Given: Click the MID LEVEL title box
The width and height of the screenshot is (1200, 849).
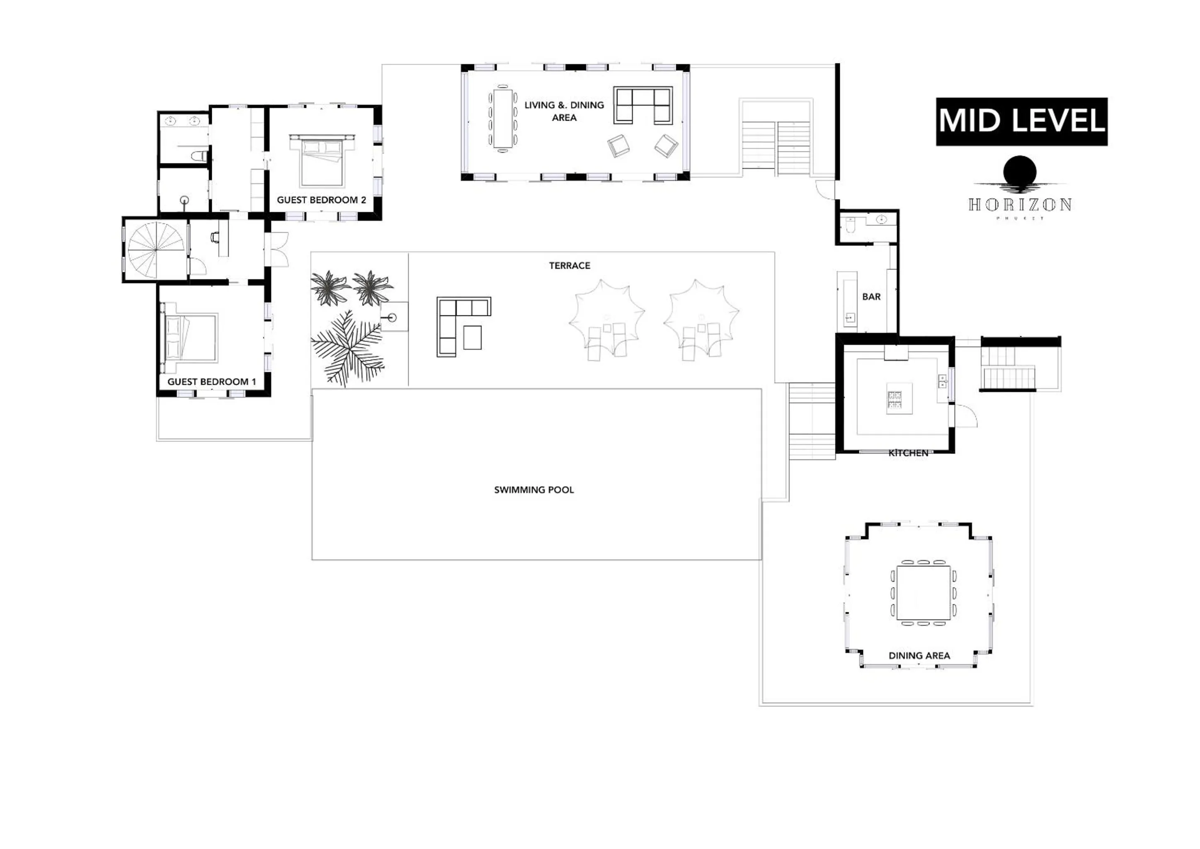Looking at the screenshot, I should [x=1021, y=121].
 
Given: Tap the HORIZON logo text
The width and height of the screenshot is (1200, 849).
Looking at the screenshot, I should [x=1020, y=204].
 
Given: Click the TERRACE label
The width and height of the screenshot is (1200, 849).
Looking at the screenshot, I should [x=569, y=266].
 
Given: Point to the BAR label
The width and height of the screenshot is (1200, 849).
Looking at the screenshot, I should [x=871, y=296].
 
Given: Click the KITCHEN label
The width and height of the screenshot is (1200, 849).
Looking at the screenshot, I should [x=908, y=453].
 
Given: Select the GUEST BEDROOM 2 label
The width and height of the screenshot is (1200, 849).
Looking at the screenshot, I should [x=321, y=200].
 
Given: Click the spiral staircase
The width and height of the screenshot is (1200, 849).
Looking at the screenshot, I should [x=156, y=250].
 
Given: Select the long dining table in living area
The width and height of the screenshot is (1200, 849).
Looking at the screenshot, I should [x=503, y=118].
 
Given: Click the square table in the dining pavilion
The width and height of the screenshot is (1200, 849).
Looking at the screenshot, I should [x=923, y=593].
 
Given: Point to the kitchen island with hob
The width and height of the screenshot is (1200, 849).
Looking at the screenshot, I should [x=899, y=398].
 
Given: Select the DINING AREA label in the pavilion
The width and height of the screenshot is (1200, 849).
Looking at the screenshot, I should [x=919, y=655].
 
